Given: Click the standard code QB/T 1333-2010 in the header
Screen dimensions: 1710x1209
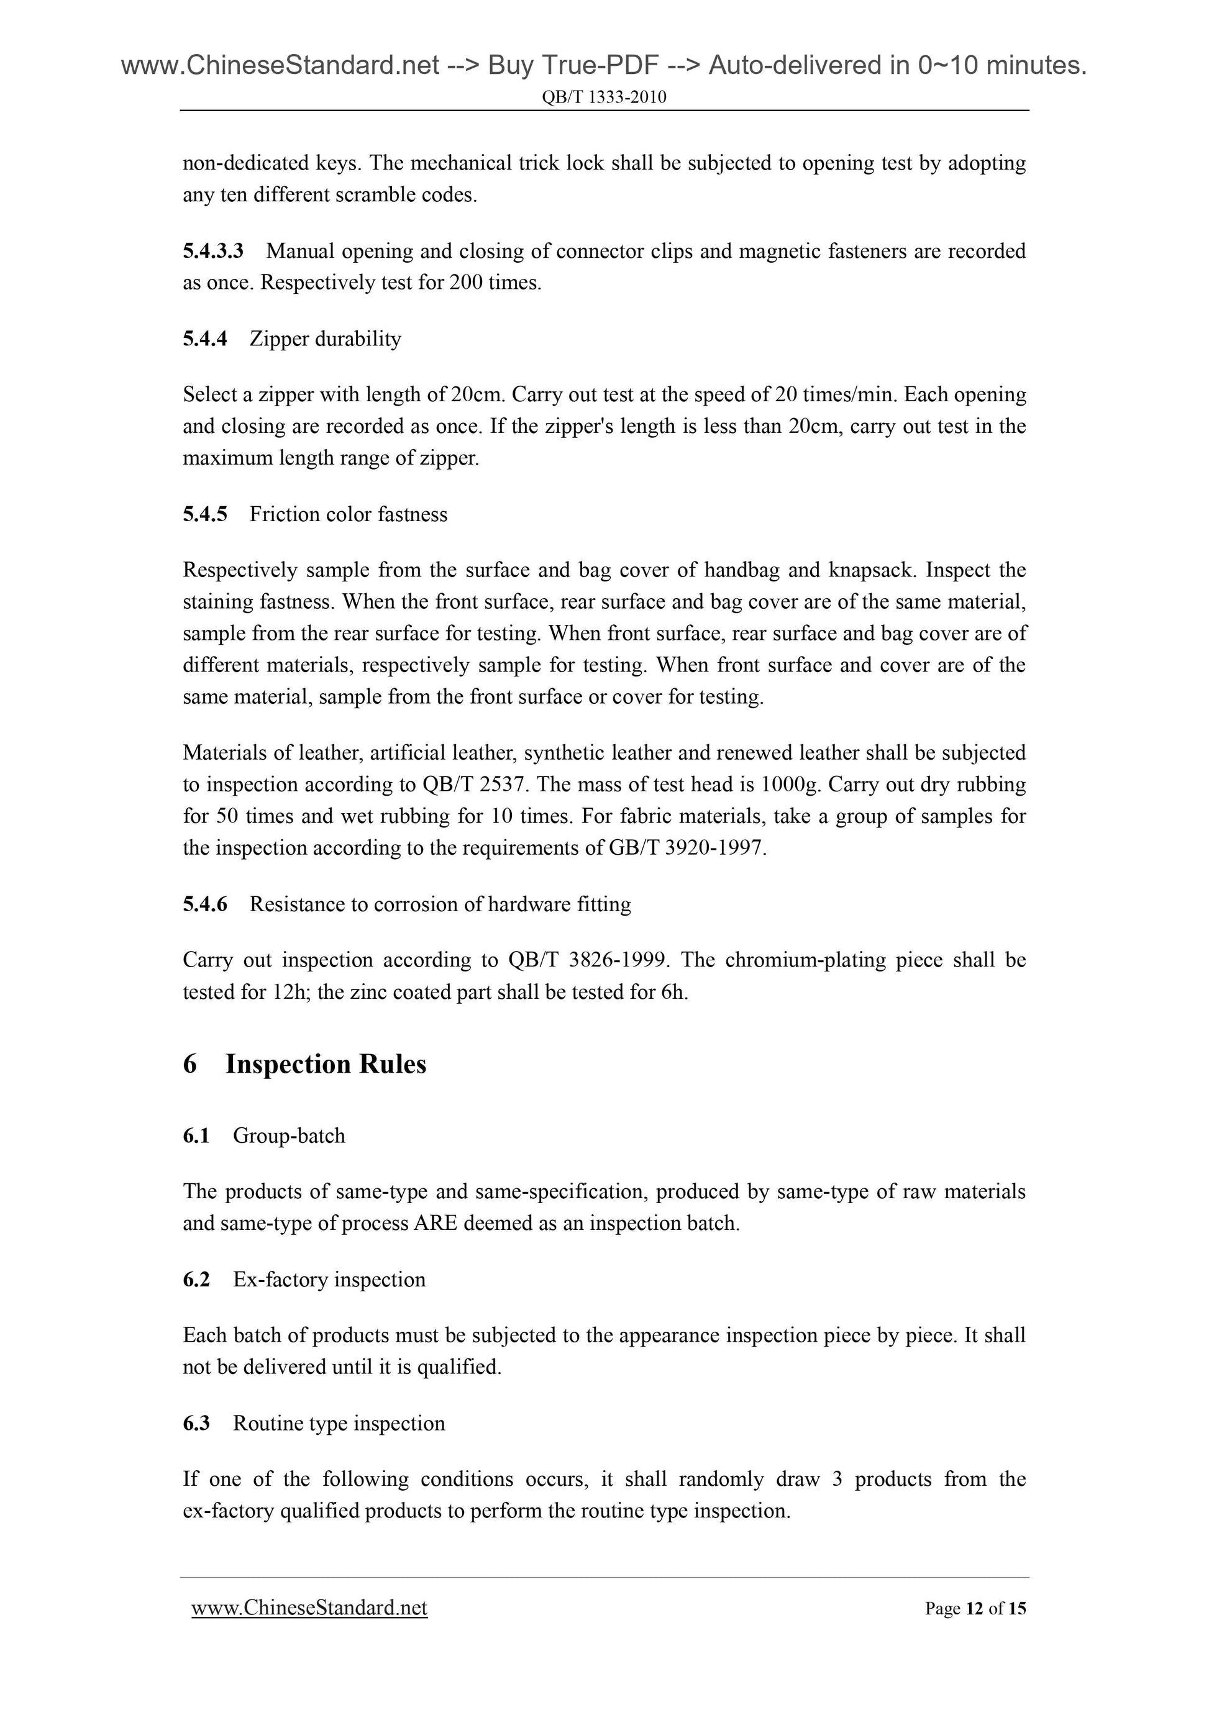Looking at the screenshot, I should click(x=604, y=97).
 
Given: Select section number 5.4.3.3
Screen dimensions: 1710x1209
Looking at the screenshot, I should click(x=213, y=251).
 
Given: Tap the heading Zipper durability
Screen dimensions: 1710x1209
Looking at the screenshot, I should click(x=326, y=339).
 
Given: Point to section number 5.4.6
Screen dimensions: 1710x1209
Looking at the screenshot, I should click(x=205, y=904).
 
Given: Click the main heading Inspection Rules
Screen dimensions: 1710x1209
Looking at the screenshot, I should click(x=326, y=1063).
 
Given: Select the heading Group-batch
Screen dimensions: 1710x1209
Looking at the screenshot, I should click(x=289, y=1136).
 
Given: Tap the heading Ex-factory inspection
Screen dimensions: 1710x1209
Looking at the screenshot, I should click(x=329, y=1280).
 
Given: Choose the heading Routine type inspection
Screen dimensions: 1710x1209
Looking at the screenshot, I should click(x=339, y=1423).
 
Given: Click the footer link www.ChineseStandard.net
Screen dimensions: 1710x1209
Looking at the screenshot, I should click(x=309, y=1608).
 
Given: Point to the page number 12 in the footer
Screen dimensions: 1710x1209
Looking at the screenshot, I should click(x=974, y=1609).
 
